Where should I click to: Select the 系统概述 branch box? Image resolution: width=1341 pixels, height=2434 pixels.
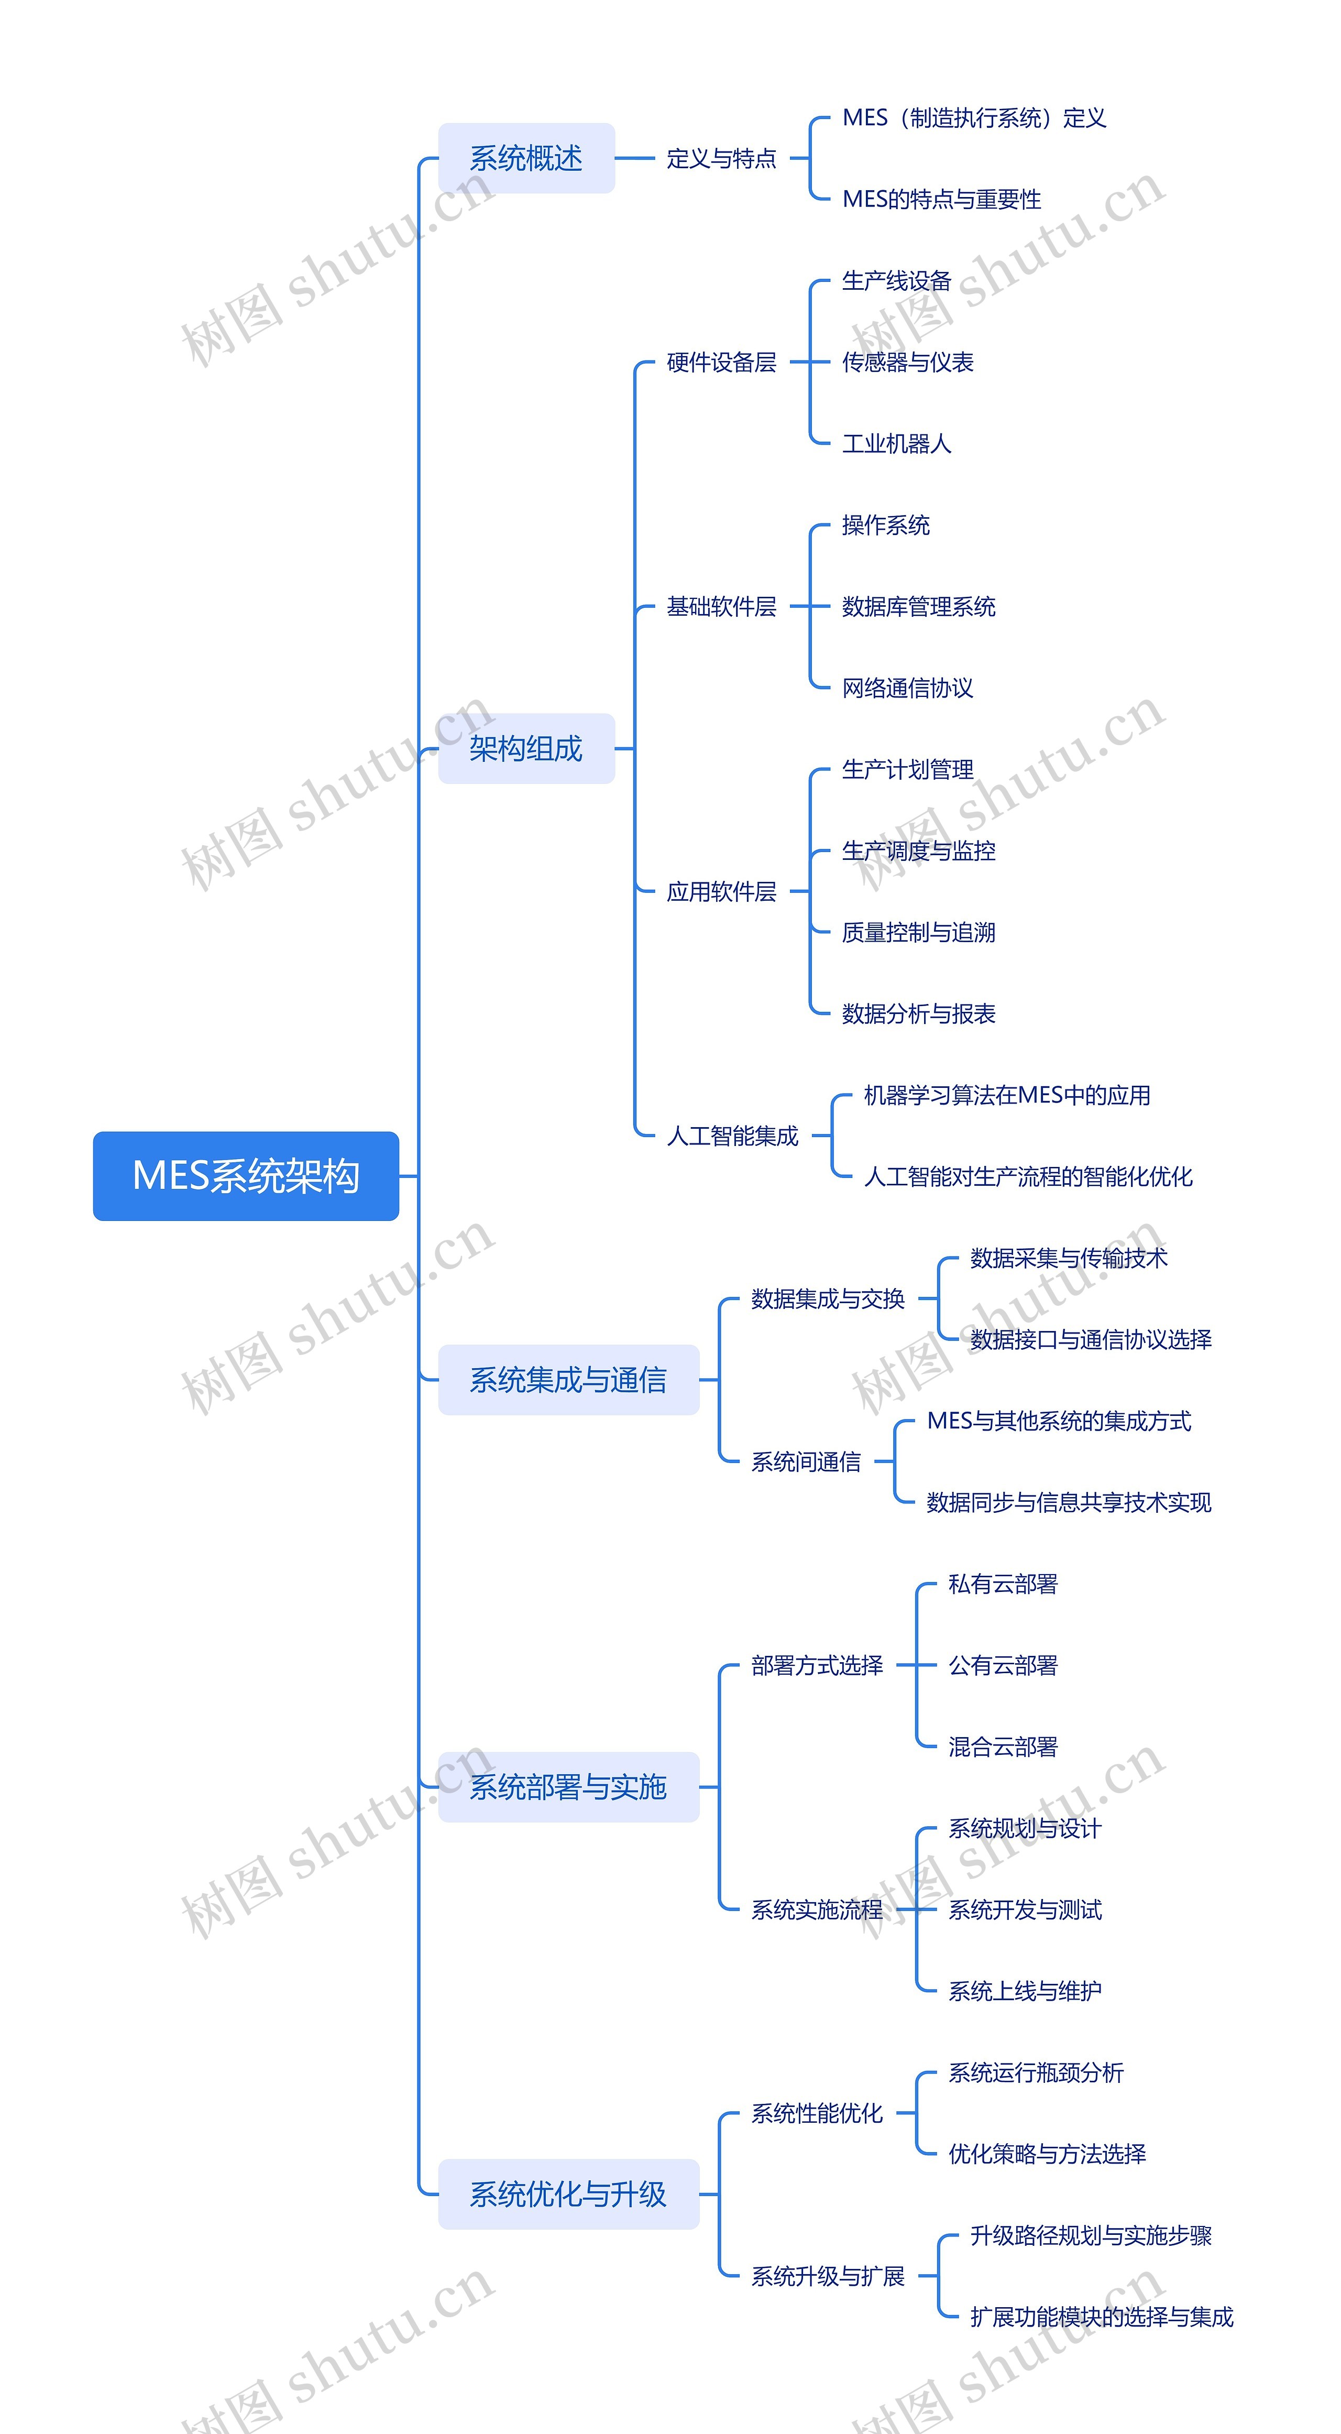(x=526, y=158)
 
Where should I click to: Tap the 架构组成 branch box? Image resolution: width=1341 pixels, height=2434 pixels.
(x=526, y=748)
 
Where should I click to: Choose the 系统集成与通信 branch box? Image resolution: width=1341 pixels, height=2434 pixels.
(x=567, y=1380)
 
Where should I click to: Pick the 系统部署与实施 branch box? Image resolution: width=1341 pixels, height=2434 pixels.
(x=567, y=1787)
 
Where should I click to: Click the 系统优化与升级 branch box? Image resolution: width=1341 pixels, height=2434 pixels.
(x=567, y=2194)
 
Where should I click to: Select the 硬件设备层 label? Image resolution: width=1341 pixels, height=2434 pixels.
(x=721, y=362)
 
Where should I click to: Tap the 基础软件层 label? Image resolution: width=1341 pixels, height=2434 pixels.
(x=721, y=607)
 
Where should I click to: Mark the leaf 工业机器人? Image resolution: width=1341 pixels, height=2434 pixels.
(x=896, y=443)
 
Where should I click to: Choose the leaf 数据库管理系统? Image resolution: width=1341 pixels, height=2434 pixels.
(x=918, y=607)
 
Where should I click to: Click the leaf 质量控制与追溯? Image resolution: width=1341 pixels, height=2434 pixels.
(x=918, y=933)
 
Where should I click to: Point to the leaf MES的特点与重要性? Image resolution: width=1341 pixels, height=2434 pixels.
(x=941, y=199)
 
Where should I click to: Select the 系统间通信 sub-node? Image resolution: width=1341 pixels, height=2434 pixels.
(x=806, y=1462)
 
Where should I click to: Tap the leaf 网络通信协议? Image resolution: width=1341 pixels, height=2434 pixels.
(x=907, y=688)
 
